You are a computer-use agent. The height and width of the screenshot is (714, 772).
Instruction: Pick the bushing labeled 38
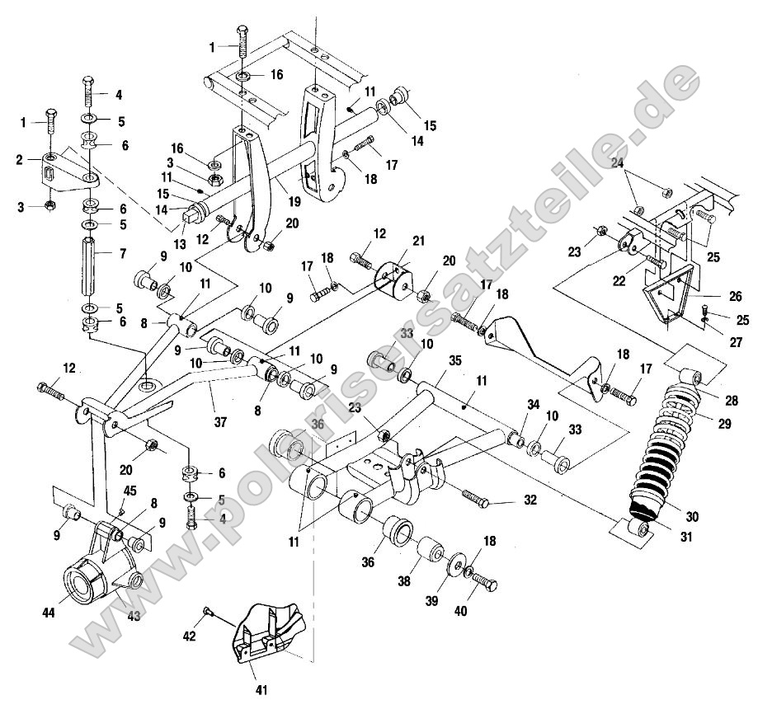[429, 552]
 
